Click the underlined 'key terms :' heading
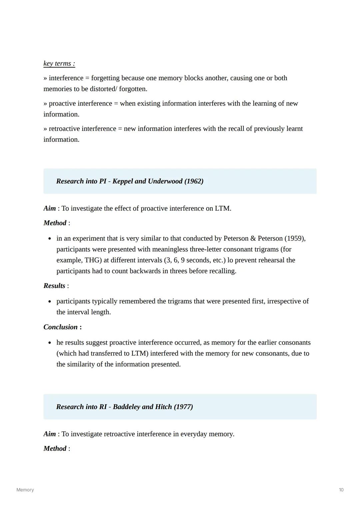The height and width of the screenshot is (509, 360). (x=59, y=63)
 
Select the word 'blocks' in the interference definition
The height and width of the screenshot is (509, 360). (x=194, y=78)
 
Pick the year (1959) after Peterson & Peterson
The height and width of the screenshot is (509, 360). (x=295, y=238)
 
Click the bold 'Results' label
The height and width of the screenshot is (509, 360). (x=54, y=286)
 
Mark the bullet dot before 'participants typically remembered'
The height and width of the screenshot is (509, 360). (x=50, y=302)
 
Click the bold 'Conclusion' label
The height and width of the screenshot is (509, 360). (x=60, y=327)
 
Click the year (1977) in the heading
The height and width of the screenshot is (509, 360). (x=183, y=407)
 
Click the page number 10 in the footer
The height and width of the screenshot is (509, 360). (x=341, y=490)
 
